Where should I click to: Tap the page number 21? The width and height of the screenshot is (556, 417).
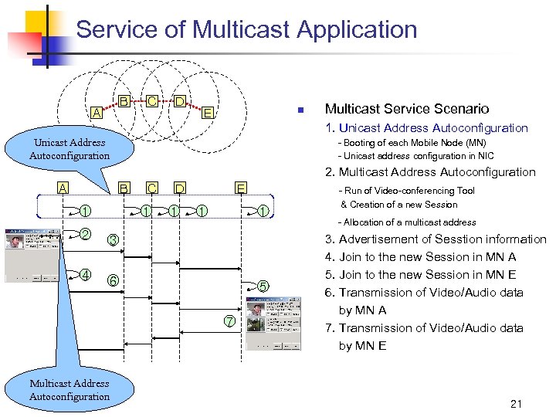pyautogui.click(x=517, y=402)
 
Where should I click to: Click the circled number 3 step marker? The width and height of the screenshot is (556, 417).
pyautogui.click(x=113, y=241)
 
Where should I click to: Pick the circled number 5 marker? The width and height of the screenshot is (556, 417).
pyautogui.click(x=263, y=286)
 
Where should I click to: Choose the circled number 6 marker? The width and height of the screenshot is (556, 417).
pyautogui.click(x=113, y=280)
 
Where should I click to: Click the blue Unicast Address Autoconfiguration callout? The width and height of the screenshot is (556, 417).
pyautogui.click(x=69, y=149)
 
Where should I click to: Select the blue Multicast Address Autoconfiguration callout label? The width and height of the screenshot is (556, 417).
pyautogui.click(x=69, y=390)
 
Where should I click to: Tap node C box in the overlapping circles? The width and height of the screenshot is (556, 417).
pyautogui.click(x=153, y=101)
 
